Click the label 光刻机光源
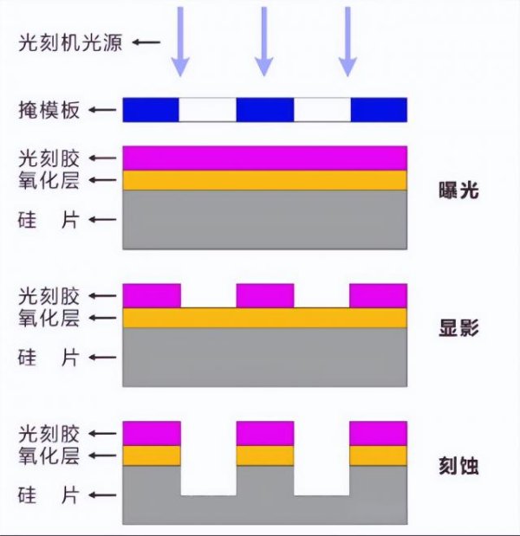click(70, 42)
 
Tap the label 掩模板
click(48, 110)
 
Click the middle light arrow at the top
click(263, 39)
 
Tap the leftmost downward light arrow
click(179, 39)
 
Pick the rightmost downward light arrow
click(348, 39)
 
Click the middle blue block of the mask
click(265, 110)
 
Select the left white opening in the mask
click(208, 110)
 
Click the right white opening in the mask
click(322, 110)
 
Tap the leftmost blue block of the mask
click(151, 110)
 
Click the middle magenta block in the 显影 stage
click(265, 295)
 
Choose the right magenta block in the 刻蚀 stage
click(378, 433)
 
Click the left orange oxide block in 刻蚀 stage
click(152, 455)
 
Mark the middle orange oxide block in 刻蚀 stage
click(265, 455)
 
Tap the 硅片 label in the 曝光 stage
click(48, 220)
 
